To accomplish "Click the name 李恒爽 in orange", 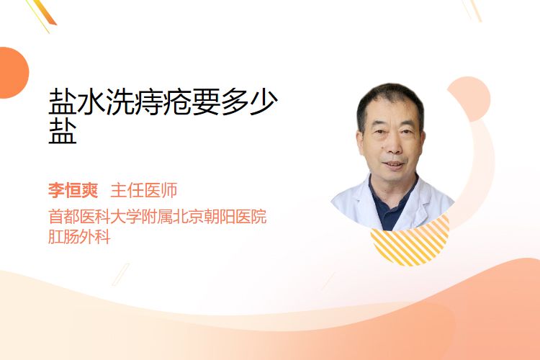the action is [73, 190].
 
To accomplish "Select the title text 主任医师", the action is [144, 190].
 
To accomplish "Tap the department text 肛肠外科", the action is [79, 237].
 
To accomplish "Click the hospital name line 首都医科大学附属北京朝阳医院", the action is [158, 217].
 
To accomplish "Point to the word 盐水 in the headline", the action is [76, 102].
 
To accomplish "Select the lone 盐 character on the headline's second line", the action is [63, 131].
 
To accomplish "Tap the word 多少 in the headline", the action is [249, 102].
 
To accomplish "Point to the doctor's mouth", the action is [393, 165].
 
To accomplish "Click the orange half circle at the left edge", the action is [13, 73].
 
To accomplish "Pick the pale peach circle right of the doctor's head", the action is [471, 98].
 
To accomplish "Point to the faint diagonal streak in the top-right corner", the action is [472, 9].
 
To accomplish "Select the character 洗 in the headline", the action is [120, 102].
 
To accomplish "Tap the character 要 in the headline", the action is [206, 102].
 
